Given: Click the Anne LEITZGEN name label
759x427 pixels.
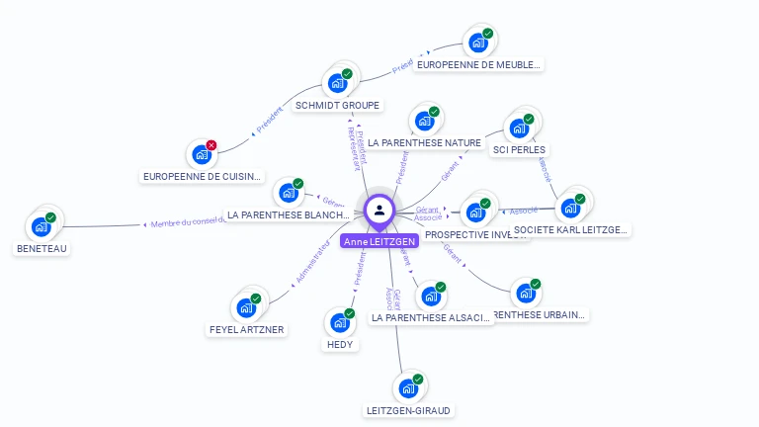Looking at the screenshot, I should pyautogui.click(x=379, y=241).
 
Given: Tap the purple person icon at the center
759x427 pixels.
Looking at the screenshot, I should pyautogui.click(x=379, y=210).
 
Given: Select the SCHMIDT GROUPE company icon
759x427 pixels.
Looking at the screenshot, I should pyautogui.click(x=336, y=82).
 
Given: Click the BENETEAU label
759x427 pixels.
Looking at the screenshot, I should pyautogui.click(x=42, y=249).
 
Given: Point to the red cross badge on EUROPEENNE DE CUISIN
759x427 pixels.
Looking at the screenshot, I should pyautogui.click(x=211, y=145).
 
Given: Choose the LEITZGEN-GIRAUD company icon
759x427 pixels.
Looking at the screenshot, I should pyautogui.click(x=406, y=387).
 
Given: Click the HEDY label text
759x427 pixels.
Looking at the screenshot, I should pyautogui.click(x=339, y=344).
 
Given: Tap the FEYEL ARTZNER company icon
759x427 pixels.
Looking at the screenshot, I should pyautogui.click(x=245, y=307).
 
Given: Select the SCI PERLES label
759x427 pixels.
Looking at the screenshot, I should pyautogui.click(x=519, y=150).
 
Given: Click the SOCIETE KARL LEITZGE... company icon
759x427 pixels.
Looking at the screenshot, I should pyautogui.click(x=569, y=208).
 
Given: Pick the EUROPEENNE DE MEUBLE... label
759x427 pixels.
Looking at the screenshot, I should pyautogui.click(x=479, y=65).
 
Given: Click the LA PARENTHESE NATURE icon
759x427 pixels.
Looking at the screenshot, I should pyautogui.click(x=423, y=121).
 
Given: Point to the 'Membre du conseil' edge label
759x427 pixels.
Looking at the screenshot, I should pyautogui.click(x=188, y=223).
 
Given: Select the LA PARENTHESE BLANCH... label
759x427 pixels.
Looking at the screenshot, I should pyautogui.click(x=288, y=214).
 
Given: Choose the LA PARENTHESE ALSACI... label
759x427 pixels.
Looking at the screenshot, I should pyautogui.click(x=430, y=318).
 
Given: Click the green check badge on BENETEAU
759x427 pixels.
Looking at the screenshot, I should pyautogui.click(x=50, y=217).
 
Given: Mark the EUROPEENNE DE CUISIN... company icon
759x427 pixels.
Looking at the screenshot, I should pyautogui.click(x=201, y=154).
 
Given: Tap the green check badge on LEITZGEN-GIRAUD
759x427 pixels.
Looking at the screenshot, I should pyautogui.click(x=417, y=379).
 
